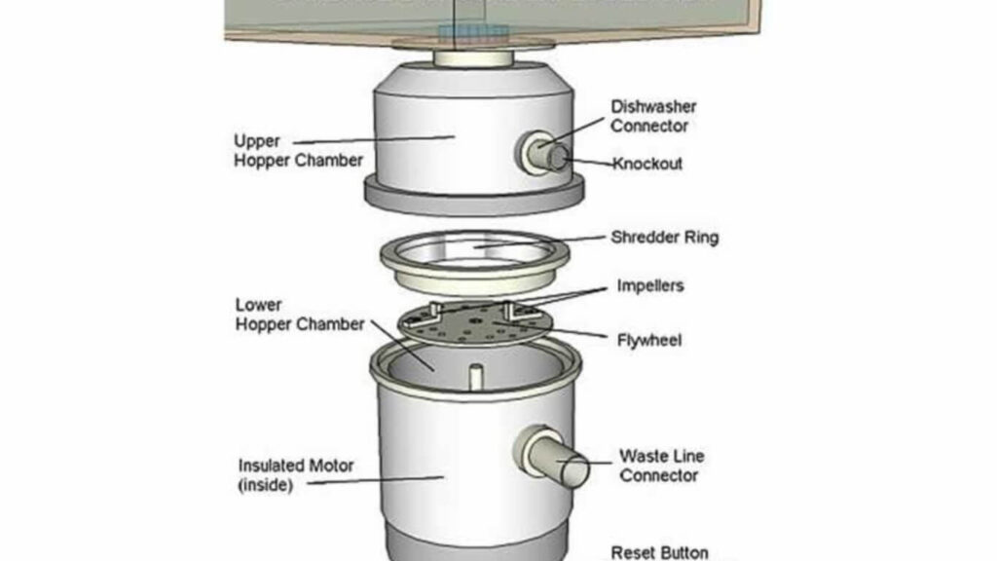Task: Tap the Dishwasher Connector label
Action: point(653,116)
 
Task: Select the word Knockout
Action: point(647,164)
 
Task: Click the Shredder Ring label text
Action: point(664,237)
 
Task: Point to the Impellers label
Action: point(650,286)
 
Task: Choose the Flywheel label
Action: point(649,341)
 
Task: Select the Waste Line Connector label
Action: point(661,466)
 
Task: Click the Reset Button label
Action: point(660,552)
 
